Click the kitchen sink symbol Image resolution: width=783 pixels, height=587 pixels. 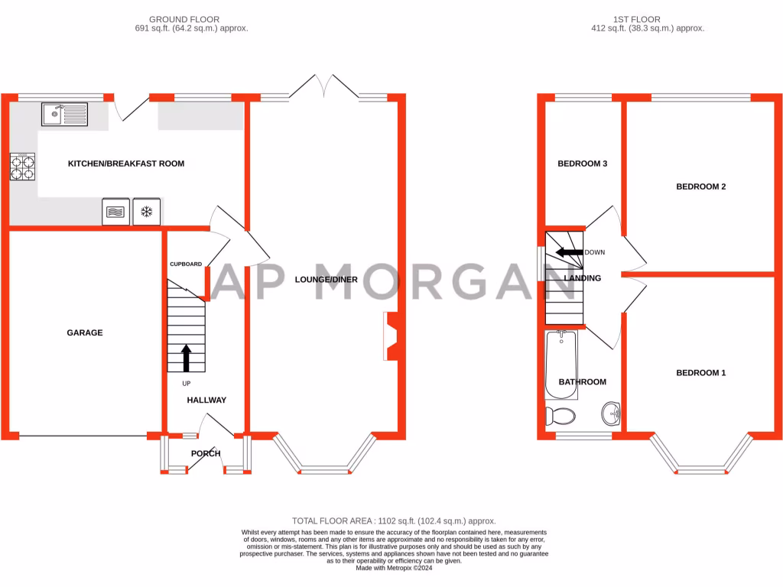pyautogui.click(x=66, y=115)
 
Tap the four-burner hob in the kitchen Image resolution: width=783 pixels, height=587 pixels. pyautogui.click(x=22, y=167)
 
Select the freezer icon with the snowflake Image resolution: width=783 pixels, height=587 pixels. pyautogui.click(x=147, y=212)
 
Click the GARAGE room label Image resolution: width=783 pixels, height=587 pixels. pyautogui.click(x=84, y=332)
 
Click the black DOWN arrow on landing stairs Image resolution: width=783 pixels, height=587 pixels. pyautogui.click(x=569, y=252)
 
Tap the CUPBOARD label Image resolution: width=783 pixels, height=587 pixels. pyautogui.click(x=186, y=264)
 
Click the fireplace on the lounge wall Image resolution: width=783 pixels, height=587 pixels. pyautogui.click(x=390, y=336)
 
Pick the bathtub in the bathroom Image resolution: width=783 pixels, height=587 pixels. pyautogui.click(x=561, y=365)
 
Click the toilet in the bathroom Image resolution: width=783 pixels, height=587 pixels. pyautogui.click(x=560, y=417)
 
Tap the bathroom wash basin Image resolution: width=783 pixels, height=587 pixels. pyautogui.click(x=612, y=413)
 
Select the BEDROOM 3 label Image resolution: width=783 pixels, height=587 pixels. pyautogui.click(x=582, y=164)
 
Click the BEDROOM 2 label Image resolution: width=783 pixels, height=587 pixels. pyautogui.click(x=700, y=186)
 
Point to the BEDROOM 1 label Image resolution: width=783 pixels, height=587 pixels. pyautogui.click(x=700, y=373)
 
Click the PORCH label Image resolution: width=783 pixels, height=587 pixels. pyautogui.click(x=206, y=453)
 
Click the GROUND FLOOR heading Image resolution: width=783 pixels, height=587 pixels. pyautogui.click(x=184, y=19)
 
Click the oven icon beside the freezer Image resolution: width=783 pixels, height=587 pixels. pyautogui.click(x=115, y=212)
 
